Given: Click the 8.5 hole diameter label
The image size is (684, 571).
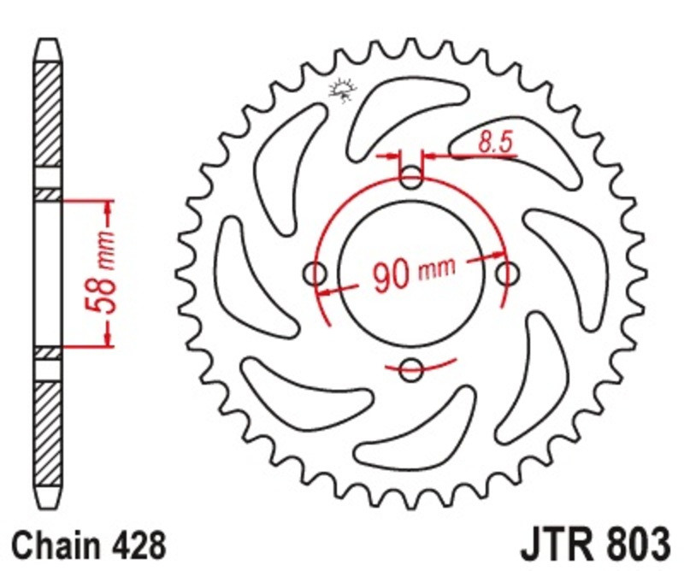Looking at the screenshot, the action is point(495,142).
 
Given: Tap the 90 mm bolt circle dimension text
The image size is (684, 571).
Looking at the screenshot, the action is point(414,274).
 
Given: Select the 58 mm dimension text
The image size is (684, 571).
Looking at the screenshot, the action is point(101,273).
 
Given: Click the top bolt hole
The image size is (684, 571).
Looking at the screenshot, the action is point(411,177).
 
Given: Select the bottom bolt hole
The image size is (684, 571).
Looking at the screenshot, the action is point(411,370).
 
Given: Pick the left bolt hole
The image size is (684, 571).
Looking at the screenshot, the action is point(315,274).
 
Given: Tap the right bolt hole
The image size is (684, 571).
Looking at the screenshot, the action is point(507,274).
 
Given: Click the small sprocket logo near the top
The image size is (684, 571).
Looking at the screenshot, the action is point(343,90).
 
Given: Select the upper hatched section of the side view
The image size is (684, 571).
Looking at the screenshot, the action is point(48,115).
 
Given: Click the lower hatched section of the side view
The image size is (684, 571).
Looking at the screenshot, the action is point(48,434).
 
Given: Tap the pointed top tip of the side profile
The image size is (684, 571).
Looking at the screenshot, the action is point(48,39).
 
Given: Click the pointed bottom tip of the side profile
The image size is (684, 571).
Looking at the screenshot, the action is point(48,509).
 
